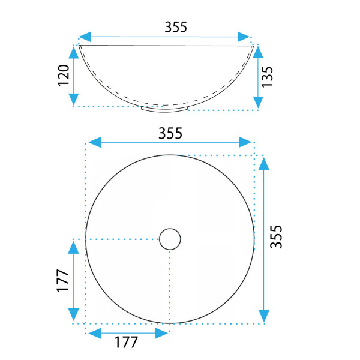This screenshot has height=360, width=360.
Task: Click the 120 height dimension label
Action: point(64,76)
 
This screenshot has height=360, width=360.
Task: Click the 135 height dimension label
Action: point(267,77)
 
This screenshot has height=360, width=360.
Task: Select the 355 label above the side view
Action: point(176,27)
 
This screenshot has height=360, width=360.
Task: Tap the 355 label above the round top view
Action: point(170,133)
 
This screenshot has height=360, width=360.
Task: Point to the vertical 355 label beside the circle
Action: point(276,237)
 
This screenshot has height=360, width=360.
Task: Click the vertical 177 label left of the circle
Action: point(62,281)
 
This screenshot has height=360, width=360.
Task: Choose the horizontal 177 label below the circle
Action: point(126,343)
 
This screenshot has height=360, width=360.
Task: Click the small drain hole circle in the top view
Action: point(170,239)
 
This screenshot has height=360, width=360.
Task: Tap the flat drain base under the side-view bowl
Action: point(164,109)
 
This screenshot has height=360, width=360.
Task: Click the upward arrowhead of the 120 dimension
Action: point(74,52)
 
